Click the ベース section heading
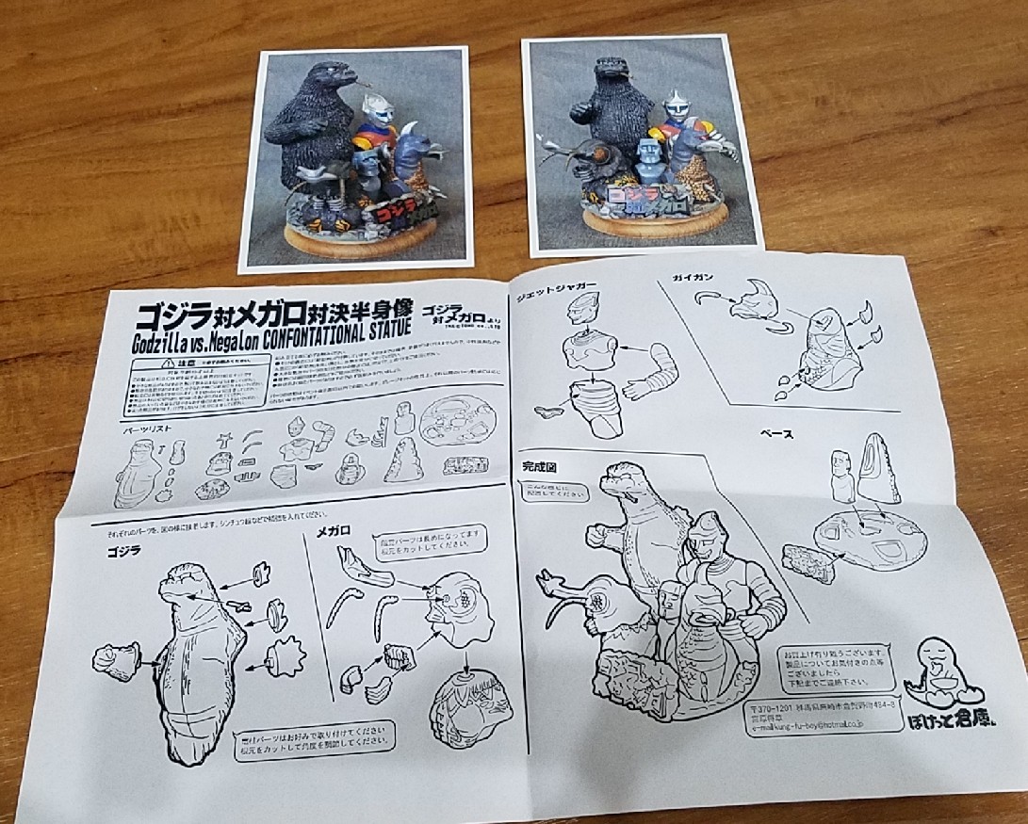point(779,434)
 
